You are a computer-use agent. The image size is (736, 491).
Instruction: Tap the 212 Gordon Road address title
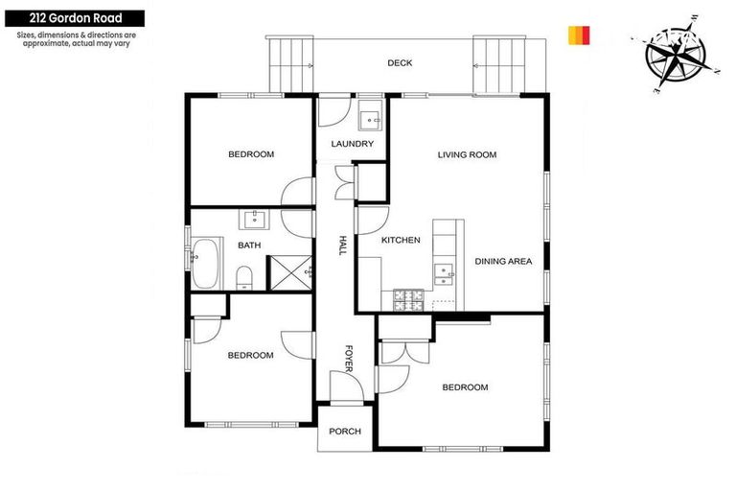[73, 18]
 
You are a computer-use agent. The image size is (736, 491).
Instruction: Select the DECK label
[400, 63]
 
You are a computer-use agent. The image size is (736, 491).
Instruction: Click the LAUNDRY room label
[352, 145]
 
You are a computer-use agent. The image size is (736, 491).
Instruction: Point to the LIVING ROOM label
[467, 154]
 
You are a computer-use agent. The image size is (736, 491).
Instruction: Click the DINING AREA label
[503, 261]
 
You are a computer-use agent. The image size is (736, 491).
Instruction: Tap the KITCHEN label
[401, 240]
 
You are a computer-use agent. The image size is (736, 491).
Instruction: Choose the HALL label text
[342, 245]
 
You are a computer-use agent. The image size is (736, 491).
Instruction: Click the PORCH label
[345, 432]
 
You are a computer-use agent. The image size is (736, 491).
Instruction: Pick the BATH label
[249, 245]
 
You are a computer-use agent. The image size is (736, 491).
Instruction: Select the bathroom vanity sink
[255, 219]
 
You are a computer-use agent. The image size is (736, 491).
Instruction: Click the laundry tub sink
[371, 120]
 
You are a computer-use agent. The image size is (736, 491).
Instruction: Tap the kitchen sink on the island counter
[443, 273]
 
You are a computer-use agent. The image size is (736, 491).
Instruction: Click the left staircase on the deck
[290, 64]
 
